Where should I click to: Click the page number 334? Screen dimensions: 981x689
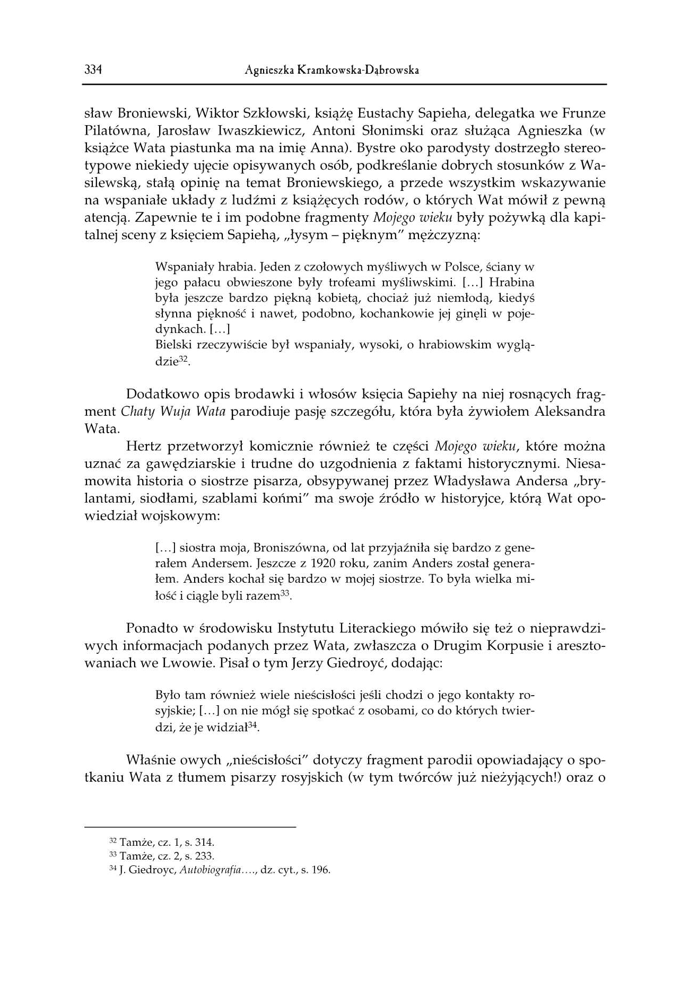point(93,70)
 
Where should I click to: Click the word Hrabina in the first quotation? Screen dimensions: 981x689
point(511,282)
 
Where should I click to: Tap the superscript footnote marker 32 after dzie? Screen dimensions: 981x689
point(184,359)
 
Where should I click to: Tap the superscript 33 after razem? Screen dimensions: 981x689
point(285,593)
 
